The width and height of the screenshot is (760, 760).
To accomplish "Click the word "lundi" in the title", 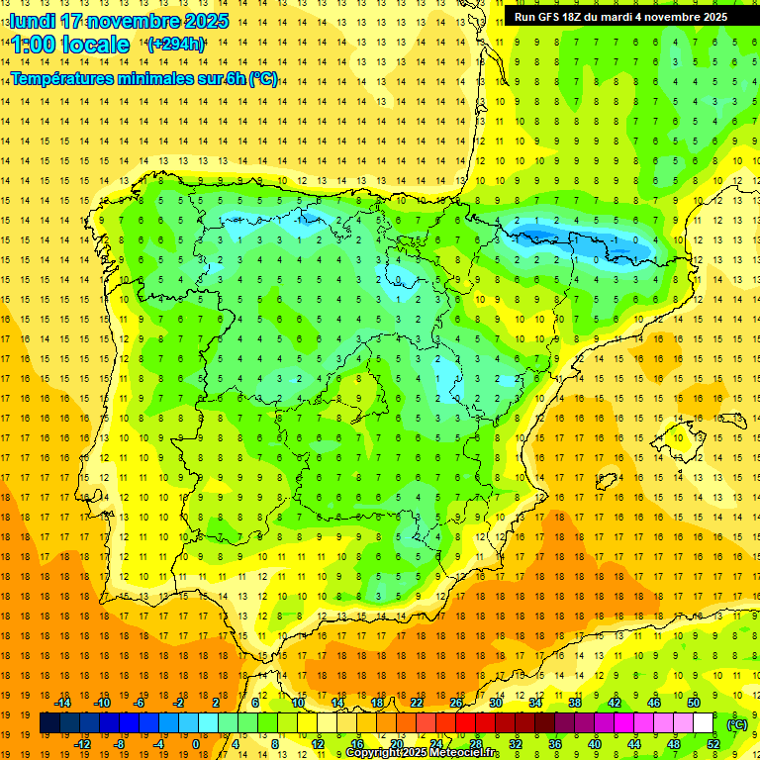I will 32,21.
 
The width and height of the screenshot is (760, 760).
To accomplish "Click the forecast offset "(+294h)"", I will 176,44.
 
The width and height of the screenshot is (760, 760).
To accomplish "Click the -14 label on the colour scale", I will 62,703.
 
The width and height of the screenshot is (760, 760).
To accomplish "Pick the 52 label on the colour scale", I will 713,744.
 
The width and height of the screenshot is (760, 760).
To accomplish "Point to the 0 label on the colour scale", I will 196,744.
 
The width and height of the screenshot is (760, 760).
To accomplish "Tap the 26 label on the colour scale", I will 456,703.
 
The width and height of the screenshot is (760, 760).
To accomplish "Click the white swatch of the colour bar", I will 704,723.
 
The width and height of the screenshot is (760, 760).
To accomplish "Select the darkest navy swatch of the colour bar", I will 49,723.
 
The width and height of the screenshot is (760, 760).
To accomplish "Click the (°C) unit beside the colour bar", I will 737,724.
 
